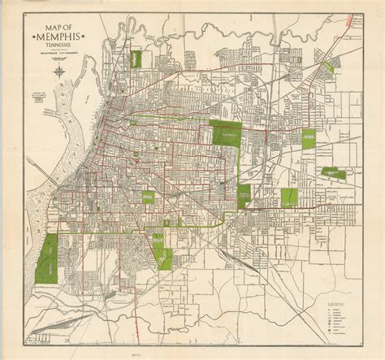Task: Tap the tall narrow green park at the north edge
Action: [x=136, y=60]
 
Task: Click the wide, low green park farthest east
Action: [x=334, y=172]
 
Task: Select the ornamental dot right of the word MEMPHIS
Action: [x=89, y=38]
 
